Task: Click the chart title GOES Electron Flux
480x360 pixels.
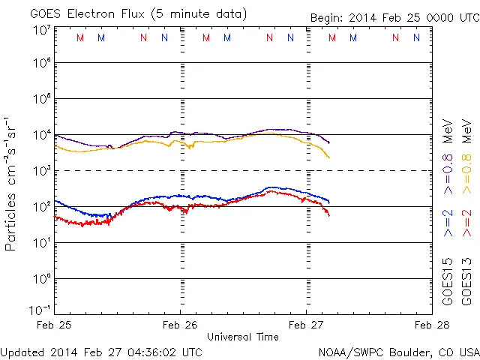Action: (x=128, y=14)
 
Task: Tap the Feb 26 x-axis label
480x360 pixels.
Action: (x=181, y=325)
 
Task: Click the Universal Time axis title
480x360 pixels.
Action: (x=243, y=337)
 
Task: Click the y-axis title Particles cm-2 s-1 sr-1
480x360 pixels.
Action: (x=12, y=183)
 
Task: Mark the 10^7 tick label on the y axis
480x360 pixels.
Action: (x=41, y=30)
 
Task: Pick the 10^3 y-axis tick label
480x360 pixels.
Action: (x=41, y=170)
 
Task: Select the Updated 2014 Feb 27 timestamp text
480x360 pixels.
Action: (x=101, y=351)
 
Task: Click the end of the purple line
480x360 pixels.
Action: (x=328, y=142)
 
